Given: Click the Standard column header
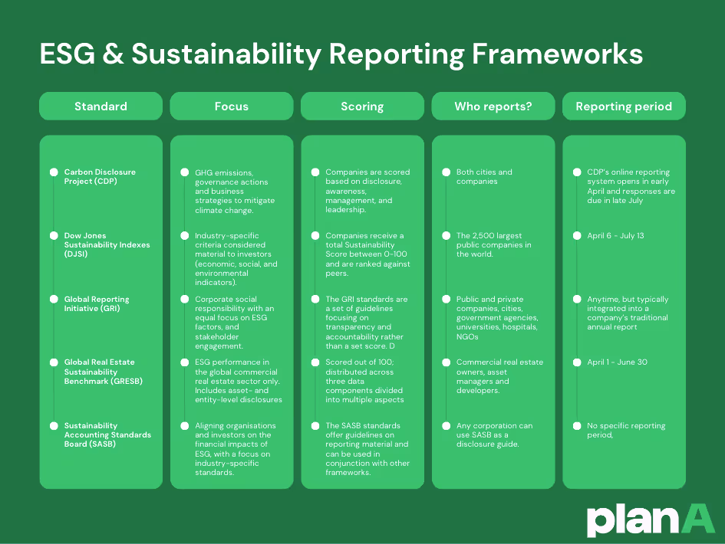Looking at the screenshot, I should pyautogui.click(x=101, y=107).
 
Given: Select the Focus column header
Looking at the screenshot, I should pyautogui.click(x=231, y=107).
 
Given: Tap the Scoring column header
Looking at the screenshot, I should pyautogui.click(x=362, y=107).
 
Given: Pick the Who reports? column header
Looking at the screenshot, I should pyautogui.click(x=493, y=107).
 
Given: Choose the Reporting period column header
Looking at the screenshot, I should pyautogui.click(x=624, y=107).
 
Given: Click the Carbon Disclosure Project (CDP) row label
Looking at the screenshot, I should pyautogui.click(x=100, y=177).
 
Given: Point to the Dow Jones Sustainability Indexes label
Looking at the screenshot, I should pyautogui.click(x=107, y=245).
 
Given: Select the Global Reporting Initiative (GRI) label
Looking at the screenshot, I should pyautogui.click(x=97, y=304).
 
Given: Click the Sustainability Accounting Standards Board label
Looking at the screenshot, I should pyautogui.click(x=107, y=435).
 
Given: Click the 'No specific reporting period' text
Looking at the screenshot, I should pyautogui.click(x=621, y=431).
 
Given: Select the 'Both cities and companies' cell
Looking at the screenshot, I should pyautogui.click(x=484, y=177).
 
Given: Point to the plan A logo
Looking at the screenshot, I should pyautogui.click(x=651, y=519).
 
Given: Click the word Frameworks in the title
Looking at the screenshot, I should pyautogui.click(x=558, y=54).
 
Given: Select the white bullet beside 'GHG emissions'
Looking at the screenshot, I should pyautogui.click(x=185, y=172).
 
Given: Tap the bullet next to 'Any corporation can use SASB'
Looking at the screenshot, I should pyautogui.click(x=446, y=426).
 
